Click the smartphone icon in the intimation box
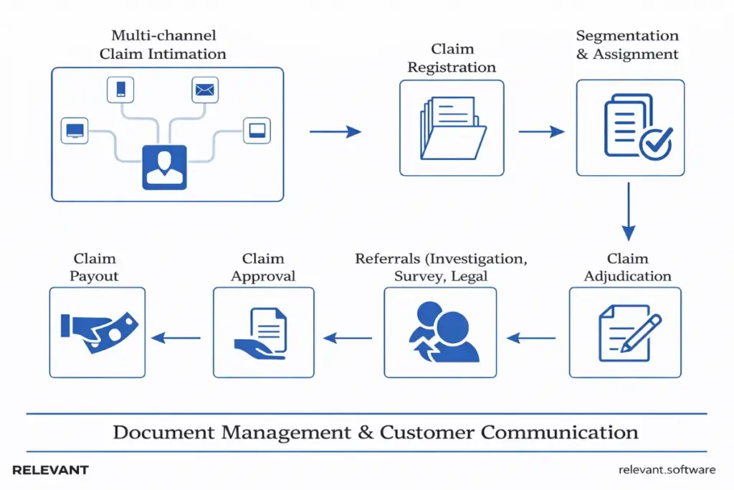pyautogui.click(x=120, y=90)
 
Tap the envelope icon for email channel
pyautogui.click(x=205, y=90)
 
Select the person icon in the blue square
pyautogui.click(x=164, y=167)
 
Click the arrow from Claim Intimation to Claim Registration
pyautogui.click(x=335, y=131)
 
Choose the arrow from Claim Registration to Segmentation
pyautogui.click(x=541, y=131)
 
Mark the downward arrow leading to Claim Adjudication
pyautogui.click(x=629, y=211)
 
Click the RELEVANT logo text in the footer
pyautogui.click(x=50, y=470)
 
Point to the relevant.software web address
pyautogui.click(x=666, y=470)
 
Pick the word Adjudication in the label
pyautogui.click(x=628, y=276)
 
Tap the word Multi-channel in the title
pyautogui.click(x=163, y=35)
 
